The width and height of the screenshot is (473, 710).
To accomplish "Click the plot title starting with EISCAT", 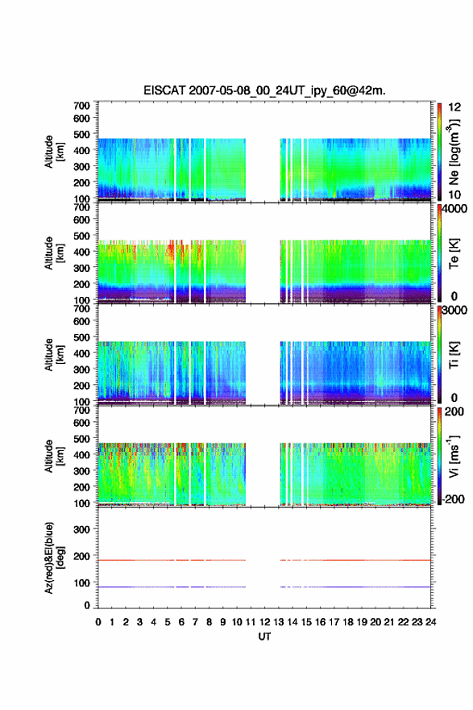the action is point(264,90).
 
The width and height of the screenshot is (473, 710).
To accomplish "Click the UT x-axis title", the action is point(264,637).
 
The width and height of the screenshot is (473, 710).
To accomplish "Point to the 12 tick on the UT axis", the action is point(264,622).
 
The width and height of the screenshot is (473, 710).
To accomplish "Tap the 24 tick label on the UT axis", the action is point(430,622).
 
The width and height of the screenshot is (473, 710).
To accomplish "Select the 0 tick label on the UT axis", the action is point(98,622).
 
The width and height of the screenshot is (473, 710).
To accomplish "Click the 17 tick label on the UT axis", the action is point(334,622).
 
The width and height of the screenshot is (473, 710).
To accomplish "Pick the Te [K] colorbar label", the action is point(454,253).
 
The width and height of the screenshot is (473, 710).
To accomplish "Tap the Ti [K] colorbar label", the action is point(454,354).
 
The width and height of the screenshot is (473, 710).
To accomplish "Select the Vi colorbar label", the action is point(454,456).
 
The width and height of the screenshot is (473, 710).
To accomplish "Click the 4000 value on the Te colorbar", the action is point(454,209).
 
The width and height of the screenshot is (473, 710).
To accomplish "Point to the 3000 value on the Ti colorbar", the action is point(454,310).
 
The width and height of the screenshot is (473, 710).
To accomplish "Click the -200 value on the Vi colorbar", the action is point(452,499).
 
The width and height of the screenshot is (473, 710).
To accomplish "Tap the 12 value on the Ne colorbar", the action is point(454,107).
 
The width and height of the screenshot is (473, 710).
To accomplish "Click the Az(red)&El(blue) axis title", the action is point(53,558).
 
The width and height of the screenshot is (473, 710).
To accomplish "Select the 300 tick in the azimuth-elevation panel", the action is point(81,529).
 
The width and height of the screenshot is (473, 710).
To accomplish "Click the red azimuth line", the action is point(264,560).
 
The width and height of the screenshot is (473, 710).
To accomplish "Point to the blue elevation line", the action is point(264,587).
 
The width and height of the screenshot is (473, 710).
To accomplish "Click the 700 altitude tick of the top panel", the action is point(81,106).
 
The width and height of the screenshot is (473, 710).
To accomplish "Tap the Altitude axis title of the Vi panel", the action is point(53,456).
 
